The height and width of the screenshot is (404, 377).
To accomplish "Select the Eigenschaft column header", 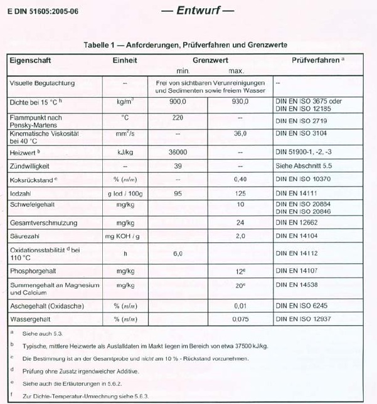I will point(30,61).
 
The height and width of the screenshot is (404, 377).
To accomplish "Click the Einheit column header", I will point(125,61).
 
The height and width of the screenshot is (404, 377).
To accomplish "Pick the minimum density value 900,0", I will point(178,101).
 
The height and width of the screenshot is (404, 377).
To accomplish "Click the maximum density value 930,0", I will point(240,101).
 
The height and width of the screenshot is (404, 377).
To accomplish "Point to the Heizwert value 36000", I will point(178,152).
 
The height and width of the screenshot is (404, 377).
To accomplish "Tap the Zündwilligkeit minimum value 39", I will point(178,166).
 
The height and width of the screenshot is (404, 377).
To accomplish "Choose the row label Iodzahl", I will point(22,194).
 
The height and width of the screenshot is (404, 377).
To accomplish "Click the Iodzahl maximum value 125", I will point(240,194).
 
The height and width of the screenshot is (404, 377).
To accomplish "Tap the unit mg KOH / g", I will point(125,236).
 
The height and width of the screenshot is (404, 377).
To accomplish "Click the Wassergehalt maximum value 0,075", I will point(240,319).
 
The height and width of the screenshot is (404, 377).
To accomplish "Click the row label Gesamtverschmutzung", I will point(43,222).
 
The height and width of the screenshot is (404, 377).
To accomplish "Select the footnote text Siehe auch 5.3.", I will point(42,333).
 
